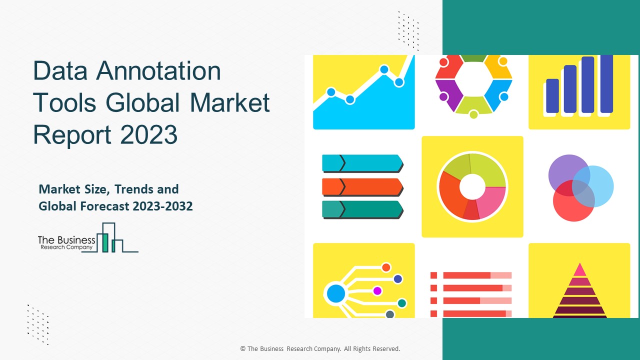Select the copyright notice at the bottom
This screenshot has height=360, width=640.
click(x=320, y=348)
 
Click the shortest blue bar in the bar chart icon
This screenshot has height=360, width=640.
click(x=552, y=95)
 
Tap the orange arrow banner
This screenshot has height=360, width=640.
click(x=362, y=186)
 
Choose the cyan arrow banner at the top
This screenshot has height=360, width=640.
click(x=362, y=163)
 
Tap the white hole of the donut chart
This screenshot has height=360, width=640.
click(x=471, y=186)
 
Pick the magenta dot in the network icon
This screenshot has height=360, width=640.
click(x=377, y=290)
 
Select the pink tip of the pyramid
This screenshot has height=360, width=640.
click(x=579, y=270)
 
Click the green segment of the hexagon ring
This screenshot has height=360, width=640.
click(x=473, y=58)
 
